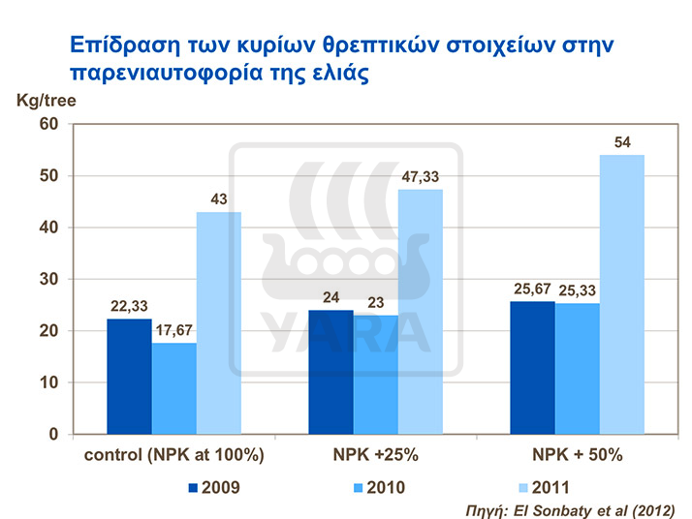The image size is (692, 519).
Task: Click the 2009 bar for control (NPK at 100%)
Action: pyautogui.click(x=129, y=376)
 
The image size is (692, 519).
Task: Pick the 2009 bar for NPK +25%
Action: pyautogui.click(x=330, y=372)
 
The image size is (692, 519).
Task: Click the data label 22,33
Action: pyautogui.click(x=128, y=305)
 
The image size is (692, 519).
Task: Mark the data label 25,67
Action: pyautogui.click(x=531, y=289)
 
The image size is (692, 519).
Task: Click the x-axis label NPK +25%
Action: pyautogui.click(x=374, y=455)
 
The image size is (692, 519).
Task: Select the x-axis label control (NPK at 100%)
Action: pyautogui.click(x=173, y=455)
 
